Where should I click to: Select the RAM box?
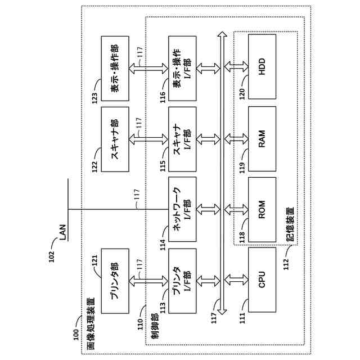[x=262, y=138]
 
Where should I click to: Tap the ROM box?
[x=262, y=209]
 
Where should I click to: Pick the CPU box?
[x=262, y=280]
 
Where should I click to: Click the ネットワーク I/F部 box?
[x=183, y=209]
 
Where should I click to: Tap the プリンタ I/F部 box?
[x=183, y=280]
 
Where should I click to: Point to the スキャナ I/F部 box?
[x=183, y=138]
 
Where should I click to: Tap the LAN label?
[x=62, y=232]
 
